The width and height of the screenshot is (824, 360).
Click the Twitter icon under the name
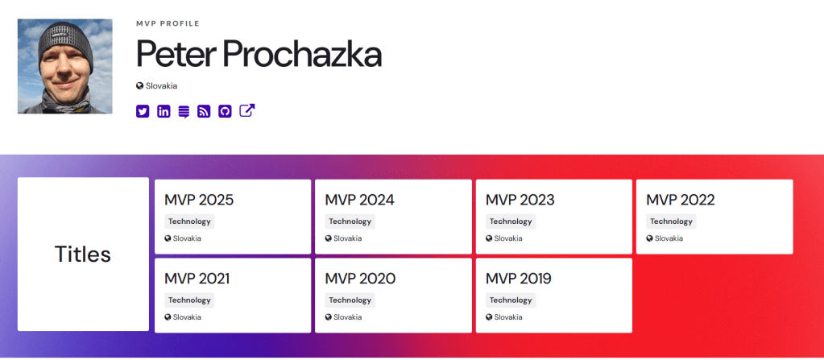point(143,111)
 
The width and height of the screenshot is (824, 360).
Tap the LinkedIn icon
point(164,111)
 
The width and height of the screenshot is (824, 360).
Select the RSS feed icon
point(204,111)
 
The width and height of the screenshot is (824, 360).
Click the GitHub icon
point(225,111)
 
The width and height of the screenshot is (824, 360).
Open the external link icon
point(247,111)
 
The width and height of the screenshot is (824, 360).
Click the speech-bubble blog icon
point(184,112)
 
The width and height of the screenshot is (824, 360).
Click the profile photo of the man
point(64,66)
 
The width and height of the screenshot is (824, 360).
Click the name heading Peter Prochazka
point(259,54)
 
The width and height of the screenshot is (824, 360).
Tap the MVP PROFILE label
point(168,23)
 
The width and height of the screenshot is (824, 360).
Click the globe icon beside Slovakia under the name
point(140,85)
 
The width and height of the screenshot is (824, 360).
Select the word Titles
point(83,254)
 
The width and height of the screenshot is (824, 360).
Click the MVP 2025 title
point(199,201)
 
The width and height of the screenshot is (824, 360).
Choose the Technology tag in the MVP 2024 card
point(350,221)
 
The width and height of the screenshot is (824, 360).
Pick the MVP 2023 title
point(520,201)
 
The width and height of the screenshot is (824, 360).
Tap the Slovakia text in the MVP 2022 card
point(669,238)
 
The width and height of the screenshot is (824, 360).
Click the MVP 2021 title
point(197,279)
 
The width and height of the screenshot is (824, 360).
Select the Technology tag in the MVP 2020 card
point(350,300)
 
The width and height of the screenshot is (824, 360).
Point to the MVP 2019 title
point(518,279)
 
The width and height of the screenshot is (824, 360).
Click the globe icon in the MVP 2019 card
point(489,317)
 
